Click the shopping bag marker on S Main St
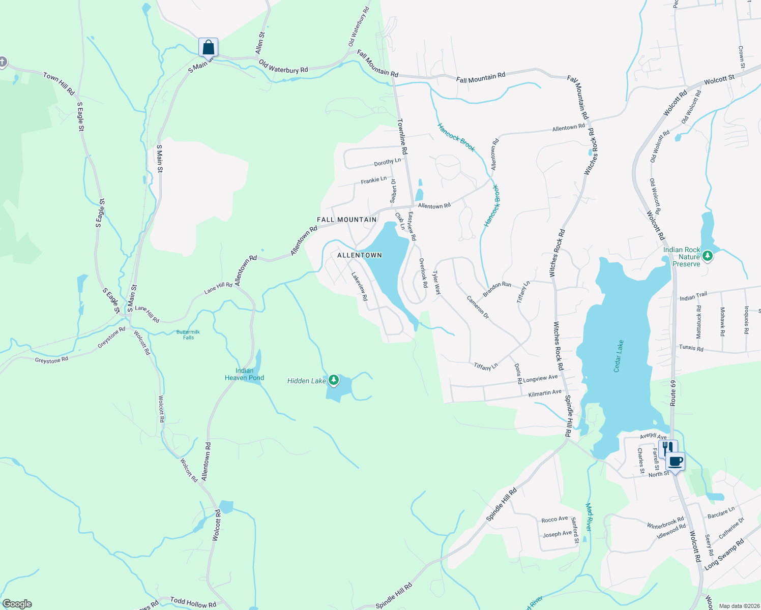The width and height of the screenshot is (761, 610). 208,47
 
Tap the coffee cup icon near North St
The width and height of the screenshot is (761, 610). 675,462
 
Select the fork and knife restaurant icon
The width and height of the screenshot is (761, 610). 667,449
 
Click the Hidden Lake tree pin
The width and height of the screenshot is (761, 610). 333,380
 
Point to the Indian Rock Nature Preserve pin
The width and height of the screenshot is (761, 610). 707,257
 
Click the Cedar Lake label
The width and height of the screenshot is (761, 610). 619,356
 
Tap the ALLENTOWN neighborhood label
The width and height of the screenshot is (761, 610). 359,255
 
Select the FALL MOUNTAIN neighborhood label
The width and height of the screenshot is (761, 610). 347,220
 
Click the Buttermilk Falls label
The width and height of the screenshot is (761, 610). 188,334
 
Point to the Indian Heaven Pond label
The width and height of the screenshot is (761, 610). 244,374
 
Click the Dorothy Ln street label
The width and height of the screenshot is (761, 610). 387,162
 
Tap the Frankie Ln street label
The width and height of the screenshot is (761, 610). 374,180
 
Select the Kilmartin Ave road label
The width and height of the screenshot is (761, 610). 545,393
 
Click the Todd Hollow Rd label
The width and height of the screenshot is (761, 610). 193,602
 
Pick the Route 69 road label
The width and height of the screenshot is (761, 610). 673,392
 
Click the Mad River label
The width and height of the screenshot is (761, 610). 589,517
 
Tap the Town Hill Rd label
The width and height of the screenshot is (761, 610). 59,83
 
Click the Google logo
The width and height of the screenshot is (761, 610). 17,604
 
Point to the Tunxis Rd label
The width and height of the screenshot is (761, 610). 691,349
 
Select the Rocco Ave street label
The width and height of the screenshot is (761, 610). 554,520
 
